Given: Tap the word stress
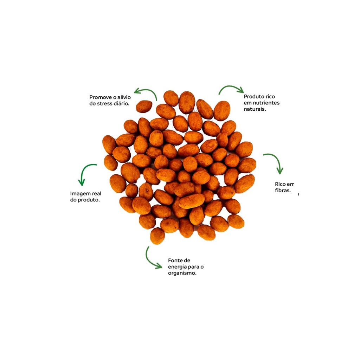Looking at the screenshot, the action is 105,104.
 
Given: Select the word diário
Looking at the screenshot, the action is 121,104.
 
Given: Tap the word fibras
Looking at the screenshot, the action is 283,190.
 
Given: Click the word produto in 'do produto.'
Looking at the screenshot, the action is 89,200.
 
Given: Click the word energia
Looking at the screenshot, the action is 177,267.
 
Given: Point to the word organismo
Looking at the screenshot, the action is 182,273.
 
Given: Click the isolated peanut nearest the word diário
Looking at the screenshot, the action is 144,107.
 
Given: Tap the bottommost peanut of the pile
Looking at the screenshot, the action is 157,236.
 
